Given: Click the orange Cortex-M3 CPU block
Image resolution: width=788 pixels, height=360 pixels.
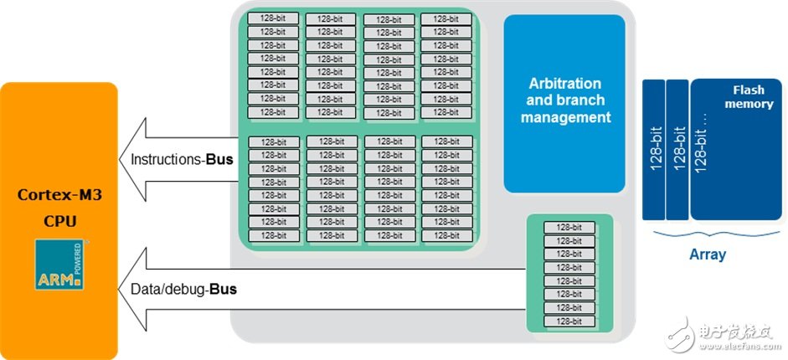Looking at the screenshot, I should click(59, 159).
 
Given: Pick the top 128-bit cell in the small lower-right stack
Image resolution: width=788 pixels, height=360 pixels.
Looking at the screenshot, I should click(569, 228).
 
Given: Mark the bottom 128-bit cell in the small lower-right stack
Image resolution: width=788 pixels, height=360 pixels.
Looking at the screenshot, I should click(569, 321).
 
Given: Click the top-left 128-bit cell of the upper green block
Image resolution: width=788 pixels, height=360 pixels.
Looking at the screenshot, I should click(273, 18).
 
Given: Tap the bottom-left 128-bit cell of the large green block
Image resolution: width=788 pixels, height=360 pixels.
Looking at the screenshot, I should click(273, 236).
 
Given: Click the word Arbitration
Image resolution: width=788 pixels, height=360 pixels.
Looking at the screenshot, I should click(564, 84).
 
